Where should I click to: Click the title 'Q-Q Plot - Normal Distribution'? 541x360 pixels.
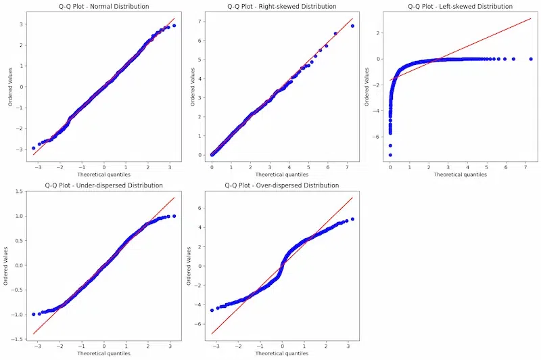(x=104, y=6)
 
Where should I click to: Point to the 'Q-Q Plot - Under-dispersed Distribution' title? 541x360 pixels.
(x=104, y=185)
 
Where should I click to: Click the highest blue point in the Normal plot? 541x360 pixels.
(x=174, y=26)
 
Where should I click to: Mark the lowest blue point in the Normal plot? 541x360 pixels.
(x=34, y=148)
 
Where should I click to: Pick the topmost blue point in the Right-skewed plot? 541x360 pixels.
(x=352, y=26)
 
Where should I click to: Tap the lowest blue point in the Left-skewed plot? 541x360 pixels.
(x=390, y=154)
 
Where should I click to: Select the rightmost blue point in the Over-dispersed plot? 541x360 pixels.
(x=352, y=219)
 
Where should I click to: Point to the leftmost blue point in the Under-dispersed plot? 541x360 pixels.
(x=34, y=314)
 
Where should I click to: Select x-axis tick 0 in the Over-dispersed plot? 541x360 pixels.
(x=283, y=346)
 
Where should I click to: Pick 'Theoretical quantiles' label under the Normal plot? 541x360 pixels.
(x=104, y=175)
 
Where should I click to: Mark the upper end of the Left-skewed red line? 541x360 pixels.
(x=531, y=18)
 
